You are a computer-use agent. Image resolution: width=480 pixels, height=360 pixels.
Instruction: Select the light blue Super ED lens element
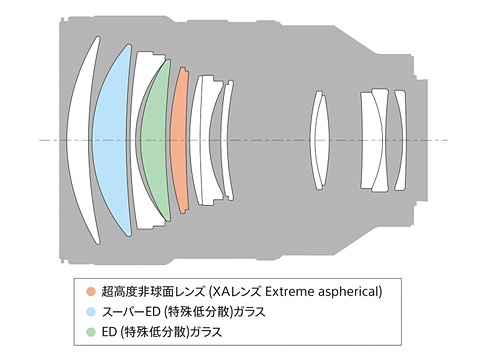[x=113, y=140]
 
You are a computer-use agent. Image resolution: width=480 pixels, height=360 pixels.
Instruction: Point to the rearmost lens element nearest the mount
[x=400, y=140]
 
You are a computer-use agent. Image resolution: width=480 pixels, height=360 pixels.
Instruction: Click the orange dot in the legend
[x=91, y=292]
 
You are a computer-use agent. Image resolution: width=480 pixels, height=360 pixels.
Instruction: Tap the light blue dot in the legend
[x=91, y=311]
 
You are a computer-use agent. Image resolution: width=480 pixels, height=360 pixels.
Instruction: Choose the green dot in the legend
[x=91, y=330]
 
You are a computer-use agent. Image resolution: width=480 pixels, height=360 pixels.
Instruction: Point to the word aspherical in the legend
[x=350, y=292]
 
